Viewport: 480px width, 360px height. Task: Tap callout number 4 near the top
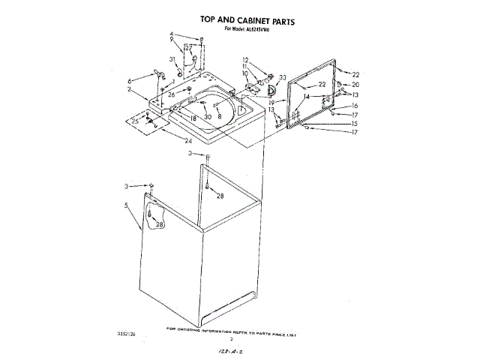(171, 34)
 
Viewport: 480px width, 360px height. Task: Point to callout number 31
(172, 59)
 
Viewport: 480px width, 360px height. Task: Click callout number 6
(130, 80)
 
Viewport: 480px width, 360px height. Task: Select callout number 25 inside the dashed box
(135, 120)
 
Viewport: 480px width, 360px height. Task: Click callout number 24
(189, 139)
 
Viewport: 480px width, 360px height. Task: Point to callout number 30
(208, 117)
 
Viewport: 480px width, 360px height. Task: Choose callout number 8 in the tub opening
(220, 116)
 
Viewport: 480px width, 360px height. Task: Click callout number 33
(283, 77)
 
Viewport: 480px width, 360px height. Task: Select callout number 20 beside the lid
(356, 85)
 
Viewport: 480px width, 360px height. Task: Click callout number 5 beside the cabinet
(127, 205)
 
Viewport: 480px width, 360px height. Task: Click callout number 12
(244, 59)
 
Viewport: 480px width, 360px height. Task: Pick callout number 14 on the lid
(306, 97)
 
